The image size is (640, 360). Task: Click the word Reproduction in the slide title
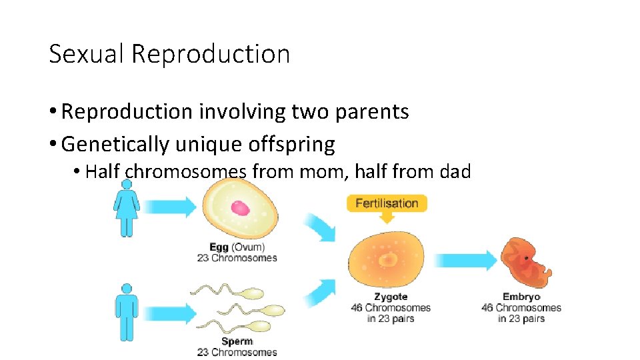(211, 54)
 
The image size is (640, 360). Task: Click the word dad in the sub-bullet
(455, 171)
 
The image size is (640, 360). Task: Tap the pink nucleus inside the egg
(240, 207)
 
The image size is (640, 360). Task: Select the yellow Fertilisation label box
(387, 203)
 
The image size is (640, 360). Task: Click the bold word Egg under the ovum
(218, 247)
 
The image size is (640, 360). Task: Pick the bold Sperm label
(237, 341)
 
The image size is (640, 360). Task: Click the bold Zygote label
(391, 297)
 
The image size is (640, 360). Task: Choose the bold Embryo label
(521, 297)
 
